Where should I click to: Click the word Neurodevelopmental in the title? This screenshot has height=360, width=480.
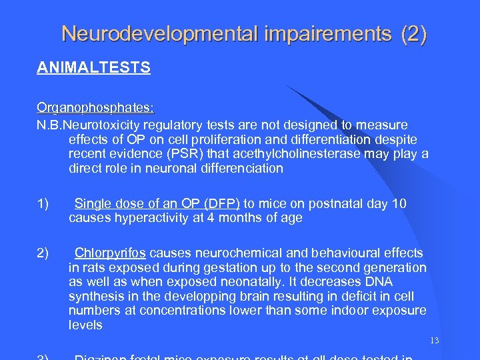tap(158, 33)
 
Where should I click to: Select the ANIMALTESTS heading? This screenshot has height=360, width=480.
tap(93, 68)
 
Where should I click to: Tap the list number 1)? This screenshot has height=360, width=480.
tap(43, 203)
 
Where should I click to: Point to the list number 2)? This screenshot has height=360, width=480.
tap(43, 253)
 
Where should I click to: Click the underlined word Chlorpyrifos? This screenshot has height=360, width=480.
tap(110, 253)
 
